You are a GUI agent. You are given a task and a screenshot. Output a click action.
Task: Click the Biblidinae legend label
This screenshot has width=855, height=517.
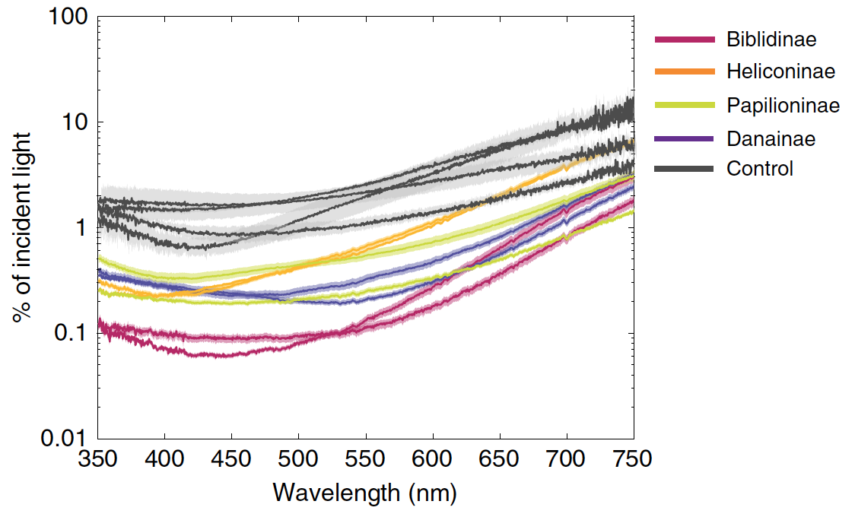771,39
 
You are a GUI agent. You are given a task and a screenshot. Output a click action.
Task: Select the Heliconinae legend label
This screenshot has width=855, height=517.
780,71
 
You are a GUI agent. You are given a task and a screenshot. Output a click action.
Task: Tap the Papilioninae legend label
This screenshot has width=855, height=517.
783,105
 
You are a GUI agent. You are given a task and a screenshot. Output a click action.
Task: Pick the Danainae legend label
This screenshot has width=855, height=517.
771,138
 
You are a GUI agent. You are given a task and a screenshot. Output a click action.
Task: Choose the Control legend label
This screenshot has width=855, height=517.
759,168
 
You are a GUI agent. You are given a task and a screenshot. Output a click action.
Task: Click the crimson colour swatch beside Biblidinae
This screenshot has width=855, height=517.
685,39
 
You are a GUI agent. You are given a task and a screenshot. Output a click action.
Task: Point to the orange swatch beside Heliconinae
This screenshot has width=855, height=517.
685,71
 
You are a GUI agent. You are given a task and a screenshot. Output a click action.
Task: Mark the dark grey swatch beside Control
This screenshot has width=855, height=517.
685,168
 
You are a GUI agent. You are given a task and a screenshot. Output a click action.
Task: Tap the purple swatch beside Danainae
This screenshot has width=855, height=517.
685,138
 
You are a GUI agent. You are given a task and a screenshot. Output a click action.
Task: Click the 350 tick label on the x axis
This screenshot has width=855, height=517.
98,460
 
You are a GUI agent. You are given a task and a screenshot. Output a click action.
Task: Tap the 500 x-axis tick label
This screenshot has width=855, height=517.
299,460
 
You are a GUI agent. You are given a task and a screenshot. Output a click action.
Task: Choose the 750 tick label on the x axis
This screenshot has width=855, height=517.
633,460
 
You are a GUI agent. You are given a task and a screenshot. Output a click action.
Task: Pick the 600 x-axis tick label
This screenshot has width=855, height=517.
433,460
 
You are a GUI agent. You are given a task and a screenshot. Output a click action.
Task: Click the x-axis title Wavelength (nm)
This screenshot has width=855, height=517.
365,493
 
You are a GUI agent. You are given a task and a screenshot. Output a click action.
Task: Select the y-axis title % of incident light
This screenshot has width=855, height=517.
23,227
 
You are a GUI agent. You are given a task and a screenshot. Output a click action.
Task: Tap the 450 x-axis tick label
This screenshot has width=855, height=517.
232,460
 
